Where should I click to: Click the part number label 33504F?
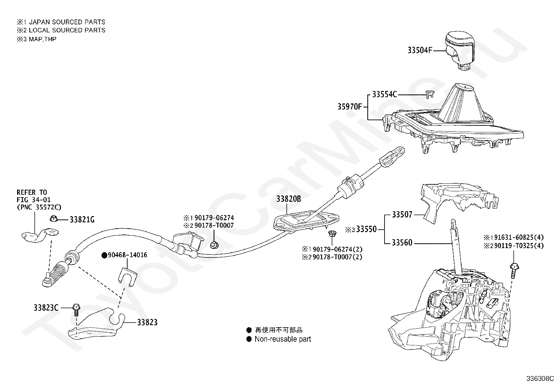(x=420, y=50)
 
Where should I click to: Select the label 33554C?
(x=385, y=94)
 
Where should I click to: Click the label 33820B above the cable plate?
(x=288, y=199)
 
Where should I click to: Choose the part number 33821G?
(x=82, y=220)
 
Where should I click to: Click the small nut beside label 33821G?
(x=54, y=219)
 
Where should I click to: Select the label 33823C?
(x=46, y=308)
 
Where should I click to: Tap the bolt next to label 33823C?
(x=76, y=311)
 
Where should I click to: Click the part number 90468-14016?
(x=127, y=255)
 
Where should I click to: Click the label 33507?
(x=402, y=215)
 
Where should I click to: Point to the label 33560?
(x=402, y=243)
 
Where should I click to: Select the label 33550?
(x=366, y=229)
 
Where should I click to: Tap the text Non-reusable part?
(x=283, y=339)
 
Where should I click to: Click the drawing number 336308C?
(x=540, y=378)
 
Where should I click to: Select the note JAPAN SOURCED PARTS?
(x=67, y=22)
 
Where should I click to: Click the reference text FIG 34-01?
(x=34, y=200)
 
